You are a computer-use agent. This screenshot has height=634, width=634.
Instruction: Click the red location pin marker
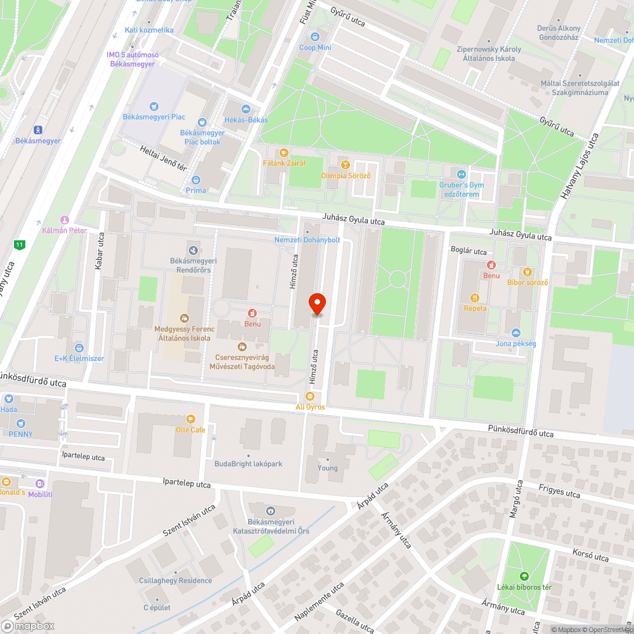point(316,304)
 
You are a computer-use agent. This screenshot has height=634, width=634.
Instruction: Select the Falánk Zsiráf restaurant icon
point(284,152)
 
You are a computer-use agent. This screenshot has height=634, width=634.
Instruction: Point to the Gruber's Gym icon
point(462,174)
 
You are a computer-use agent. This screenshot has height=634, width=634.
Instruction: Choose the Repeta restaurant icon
point(475,297)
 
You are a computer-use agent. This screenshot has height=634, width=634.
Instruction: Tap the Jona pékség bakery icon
point(515,333)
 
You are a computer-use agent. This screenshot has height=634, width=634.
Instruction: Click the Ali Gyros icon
point(310,396)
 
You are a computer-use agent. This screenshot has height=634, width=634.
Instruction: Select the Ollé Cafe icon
point(190,419)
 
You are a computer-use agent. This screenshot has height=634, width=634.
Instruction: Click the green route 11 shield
point(21,244)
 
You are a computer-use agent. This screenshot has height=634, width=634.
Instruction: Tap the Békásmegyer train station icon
point(38,129)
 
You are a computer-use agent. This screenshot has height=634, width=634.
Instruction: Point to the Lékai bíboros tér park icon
point(524,576)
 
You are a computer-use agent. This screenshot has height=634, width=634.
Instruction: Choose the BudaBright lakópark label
point(248,463)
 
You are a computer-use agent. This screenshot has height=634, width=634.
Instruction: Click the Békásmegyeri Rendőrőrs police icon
point(193,250)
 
